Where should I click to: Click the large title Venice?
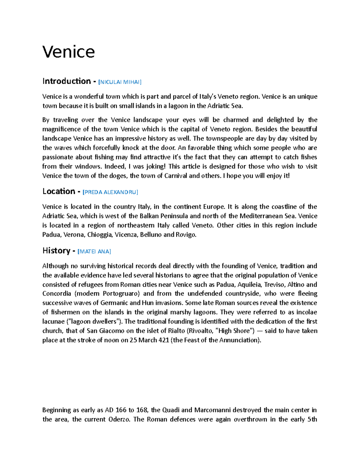(68, 52)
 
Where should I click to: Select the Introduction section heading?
(66, 81)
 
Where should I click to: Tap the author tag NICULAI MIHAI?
(120, 82)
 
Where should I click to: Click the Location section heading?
(59, 191)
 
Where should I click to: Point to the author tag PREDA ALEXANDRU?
(110, 192)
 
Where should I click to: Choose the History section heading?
(56, 251)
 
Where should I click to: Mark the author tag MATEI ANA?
(94, 251)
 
